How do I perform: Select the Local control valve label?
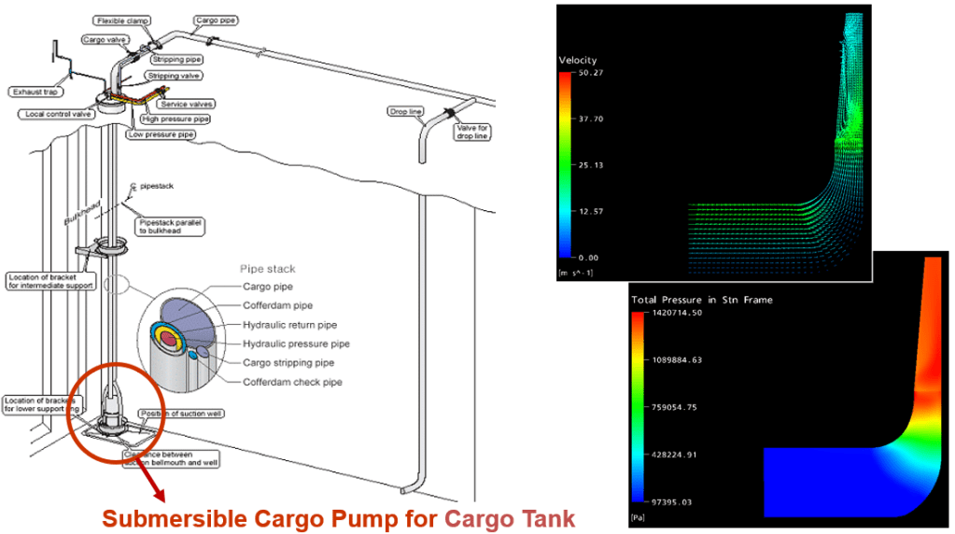point(56,114)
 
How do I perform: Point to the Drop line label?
point(405,112)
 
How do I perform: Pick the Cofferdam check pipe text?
point(292,383)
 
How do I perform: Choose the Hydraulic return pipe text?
point(290,325)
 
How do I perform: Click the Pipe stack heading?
point(268,270)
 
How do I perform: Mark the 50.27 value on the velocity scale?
point(590,73)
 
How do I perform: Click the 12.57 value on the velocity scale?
point(590,211)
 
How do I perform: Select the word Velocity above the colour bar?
point(578,61)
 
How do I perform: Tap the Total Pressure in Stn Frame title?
point(701,300)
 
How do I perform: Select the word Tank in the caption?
point(552,517)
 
